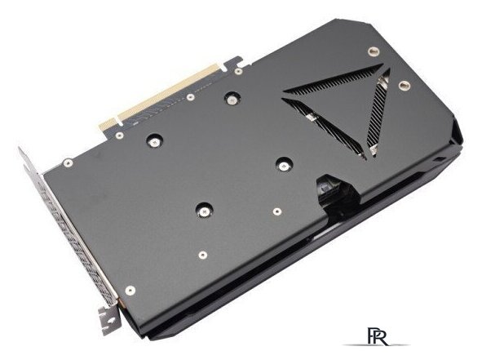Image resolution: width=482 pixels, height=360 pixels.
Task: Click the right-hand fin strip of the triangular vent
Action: [x=375, y=114]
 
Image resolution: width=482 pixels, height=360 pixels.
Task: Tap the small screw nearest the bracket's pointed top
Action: [x=68, y=162]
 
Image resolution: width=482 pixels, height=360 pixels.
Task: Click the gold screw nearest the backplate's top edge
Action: [x=374, y=51]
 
